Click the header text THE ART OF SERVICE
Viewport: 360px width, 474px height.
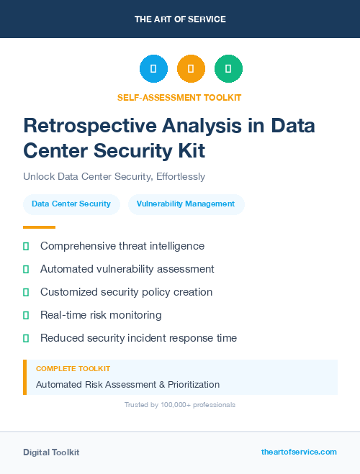[x=180, y=19]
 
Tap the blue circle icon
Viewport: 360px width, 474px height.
[x=153, y=69]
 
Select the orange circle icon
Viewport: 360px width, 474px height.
[x=191, y=69]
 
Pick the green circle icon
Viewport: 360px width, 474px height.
[x=228, y=69]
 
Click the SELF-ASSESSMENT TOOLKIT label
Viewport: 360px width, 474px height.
[x=180, y=96]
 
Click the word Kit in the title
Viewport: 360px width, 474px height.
[x=191, y=150]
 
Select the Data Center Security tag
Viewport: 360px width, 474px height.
[x=71, y=204]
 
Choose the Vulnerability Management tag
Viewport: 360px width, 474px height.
[x=186, y=204]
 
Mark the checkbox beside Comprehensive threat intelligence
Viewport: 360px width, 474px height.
[x=26, y=246]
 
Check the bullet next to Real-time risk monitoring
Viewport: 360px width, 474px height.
[x=26, y=315]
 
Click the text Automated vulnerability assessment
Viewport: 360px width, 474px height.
[x=127, y=269]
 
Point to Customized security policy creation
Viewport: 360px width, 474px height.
[x=127, y=292]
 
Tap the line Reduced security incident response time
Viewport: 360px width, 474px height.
[x=138, y=338]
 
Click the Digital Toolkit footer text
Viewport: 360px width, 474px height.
[x=51, y=452]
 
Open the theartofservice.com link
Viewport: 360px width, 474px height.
[x=299, y=452]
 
